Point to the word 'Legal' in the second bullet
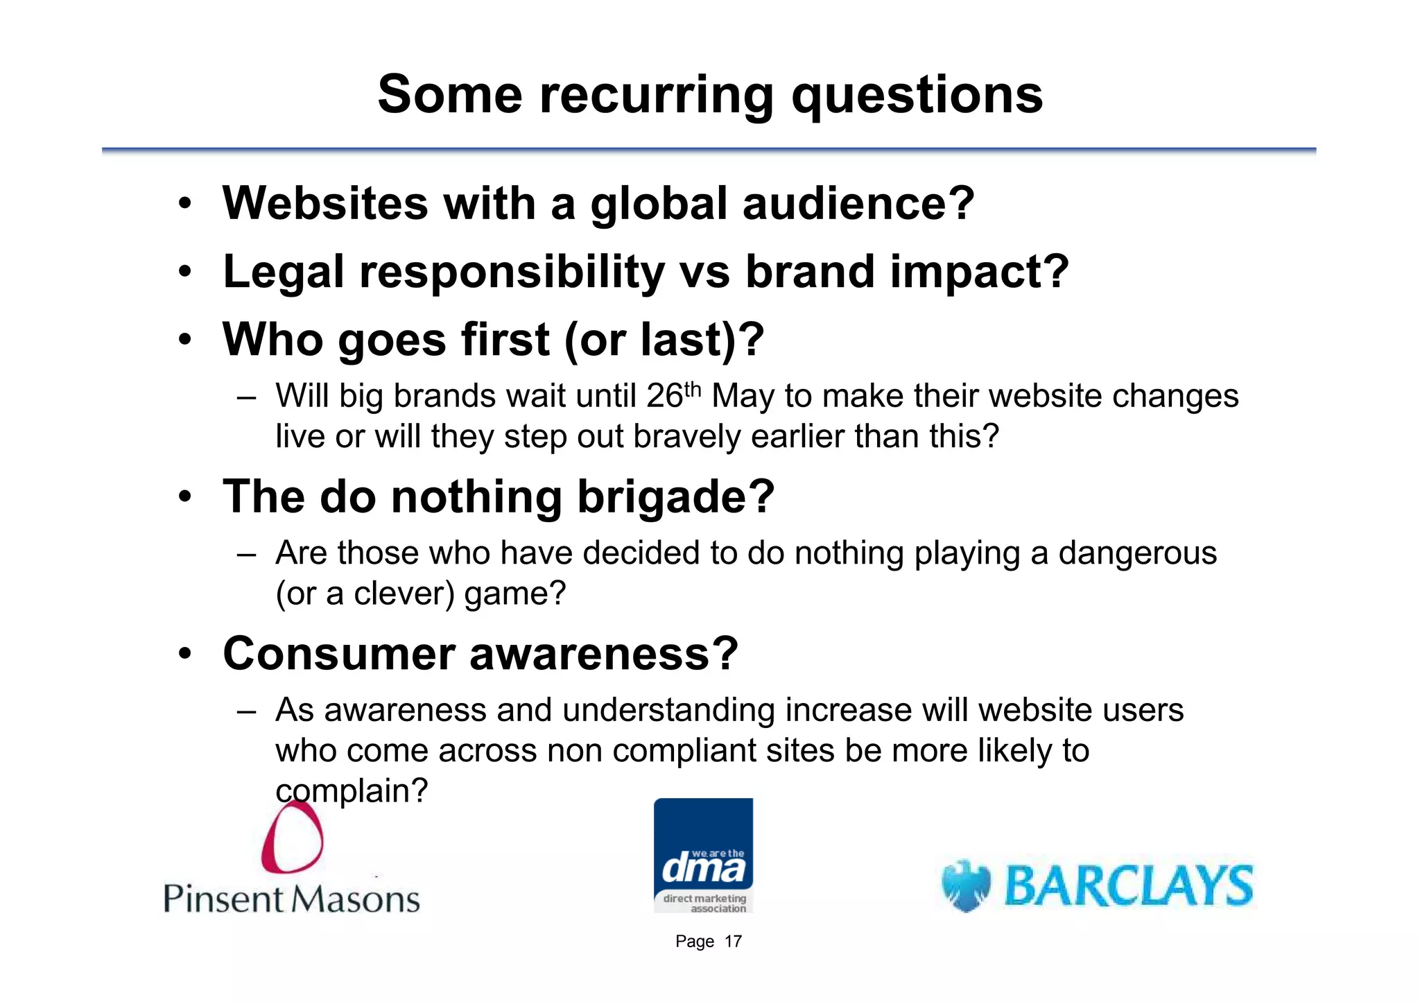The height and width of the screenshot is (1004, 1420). pyautogui.click(x=283, y=272)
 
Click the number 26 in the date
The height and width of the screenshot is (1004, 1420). pyautogui.click(x=664, y=397)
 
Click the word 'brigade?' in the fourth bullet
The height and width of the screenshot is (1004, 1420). pyautogui.click(x=675, y=497)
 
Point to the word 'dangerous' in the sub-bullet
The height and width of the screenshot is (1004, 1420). pyautogui.click(x=1137, y=553)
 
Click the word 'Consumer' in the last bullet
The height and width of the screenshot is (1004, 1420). pyautogui.click(x=338, y=654)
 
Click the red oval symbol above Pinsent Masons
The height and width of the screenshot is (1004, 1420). pyautogui.click(x=292, y=837)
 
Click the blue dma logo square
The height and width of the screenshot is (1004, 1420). pyautogui.click(x=703, y=854)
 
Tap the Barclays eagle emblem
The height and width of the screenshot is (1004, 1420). pyautogui.click(x=966, y=885)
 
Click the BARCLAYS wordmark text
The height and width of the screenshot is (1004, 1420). pyautogui.click(x=1129, y=885)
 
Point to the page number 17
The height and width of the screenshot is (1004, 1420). pyautogui.click(x=733, y=942)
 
